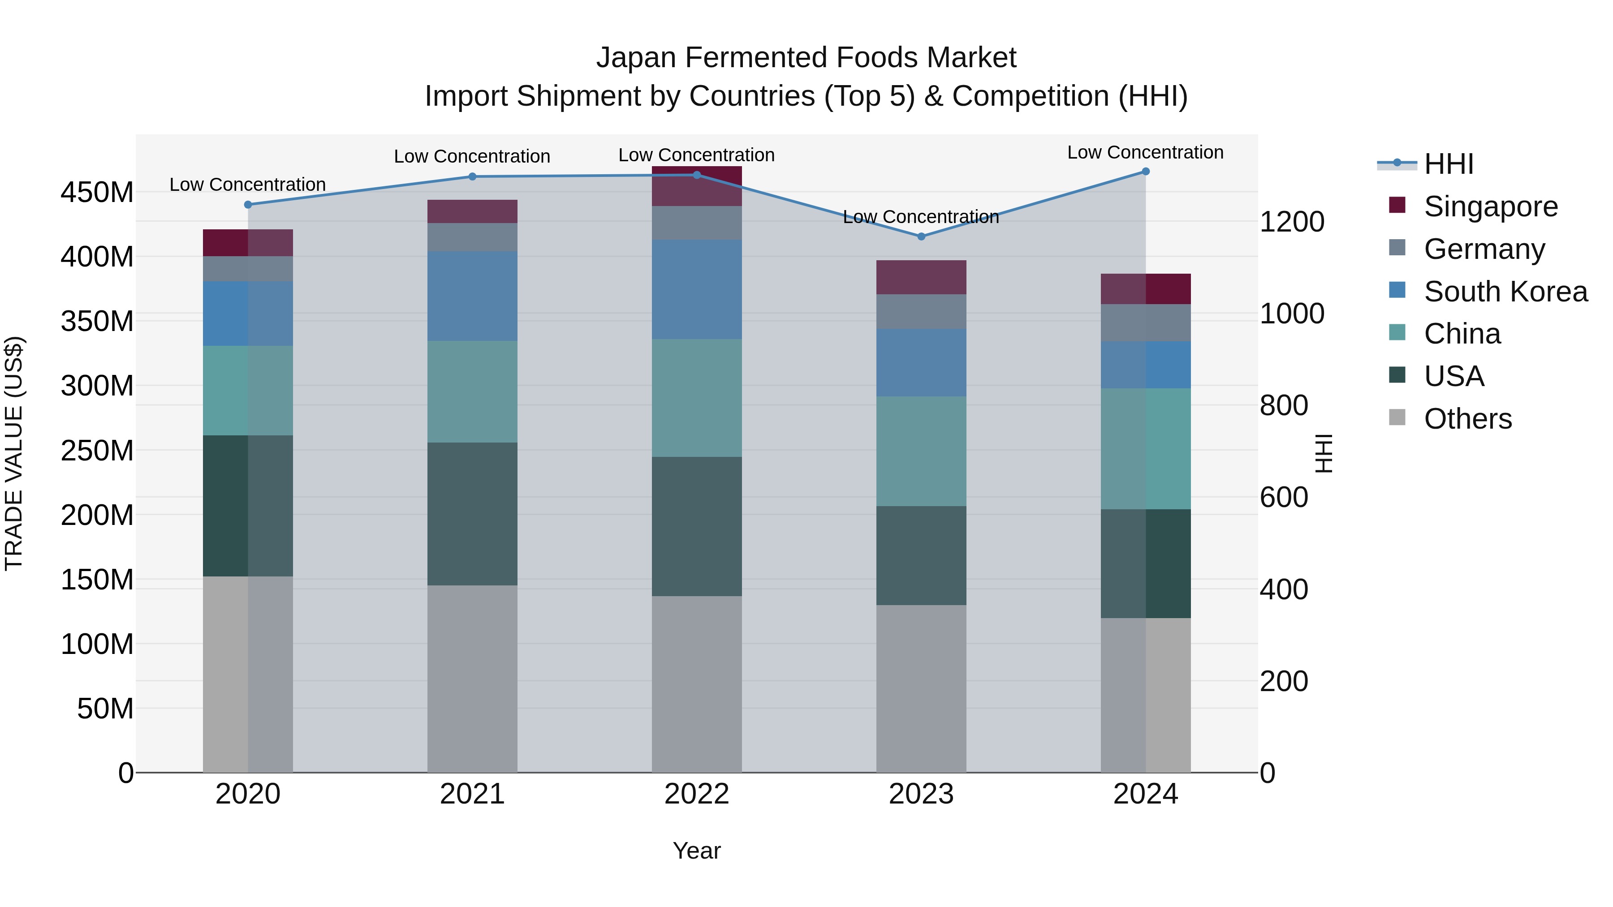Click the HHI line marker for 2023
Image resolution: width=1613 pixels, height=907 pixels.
tap(921, 236)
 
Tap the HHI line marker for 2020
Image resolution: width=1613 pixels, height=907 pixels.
tap(248, 205)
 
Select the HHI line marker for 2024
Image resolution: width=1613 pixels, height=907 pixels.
tap(1145, 172)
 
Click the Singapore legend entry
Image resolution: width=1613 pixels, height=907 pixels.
tap(1490, 206)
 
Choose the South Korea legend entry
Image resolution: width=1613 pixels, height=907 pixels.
tap(1505, 292)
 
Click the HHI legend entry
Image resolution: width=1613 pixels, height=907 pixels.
tap(1448, 164)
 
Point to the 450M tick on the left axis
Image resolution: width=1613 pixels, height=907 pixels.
tap(97, 192)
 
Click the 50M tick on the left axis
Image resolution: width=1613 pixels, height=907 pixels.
tap(105, 709)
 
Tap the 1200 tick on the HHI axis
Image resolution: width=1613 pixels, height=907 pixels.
tap(1292, 222)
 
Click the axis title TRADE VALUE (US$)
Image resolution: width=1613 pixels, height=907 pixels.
tap(14, 453)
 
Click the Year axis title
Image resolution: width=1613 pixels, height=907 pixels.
tap(696, 851)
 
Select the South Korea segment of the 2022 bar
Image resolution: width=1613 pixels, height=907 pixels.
tap(696, 289)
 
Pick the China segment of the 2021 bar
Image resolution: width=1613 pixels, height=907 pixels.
tap(472, 392)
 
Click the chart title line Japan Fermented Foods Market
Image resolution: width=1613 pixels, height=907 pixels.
tap(806, 58)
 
